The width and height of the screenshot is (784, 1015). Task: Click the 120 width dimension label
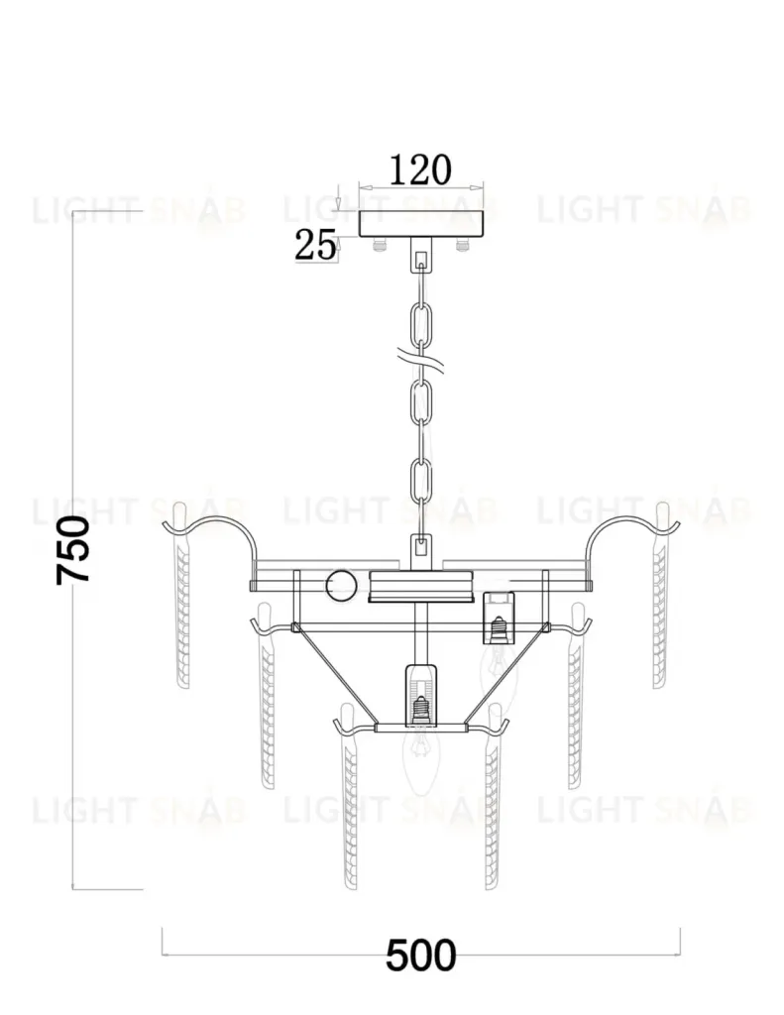click(419, 170)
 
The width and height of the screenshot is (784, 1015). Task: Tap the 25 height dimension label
click(315, 246)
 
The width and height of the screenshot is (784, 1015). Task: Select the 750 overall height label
click(73, 550)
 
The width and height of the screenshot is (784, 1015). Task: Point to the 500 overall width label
click(421, 956)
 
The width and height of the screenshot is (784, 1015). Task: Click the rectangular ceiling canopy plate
click(421, 223)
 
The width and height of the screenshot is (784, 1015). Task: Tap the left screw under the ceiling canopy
click(379, 244)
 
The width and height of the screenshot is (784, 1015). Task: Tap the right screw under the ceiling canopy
click(462, 244)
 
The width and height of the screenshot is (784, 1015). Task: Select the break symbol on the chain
click(422, 360)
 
